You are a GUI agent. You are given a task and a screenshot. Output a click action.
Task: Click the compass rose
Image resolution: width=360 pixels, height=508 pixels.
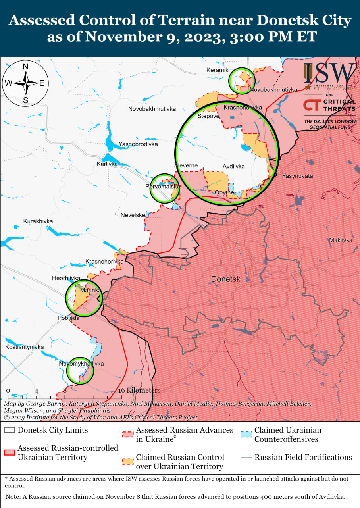click(x=25, y=83)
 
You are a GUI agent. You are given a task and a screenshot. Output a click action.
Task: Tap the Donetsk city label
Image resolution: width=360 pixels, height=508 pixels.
click(x=225, y=279)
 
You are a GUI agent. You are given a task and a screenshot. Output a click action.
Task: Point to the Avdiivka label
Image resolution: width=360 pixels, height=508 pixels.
click(x=233, y=166)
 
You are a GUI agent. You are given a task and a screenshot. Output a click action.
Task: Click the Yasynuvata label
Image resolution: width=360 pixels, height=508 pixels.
click(x=297, y=176)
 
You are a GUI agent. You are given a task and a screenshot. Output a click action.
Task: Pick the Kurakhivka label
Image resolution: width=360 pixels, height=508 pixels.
click(x=38, y=221)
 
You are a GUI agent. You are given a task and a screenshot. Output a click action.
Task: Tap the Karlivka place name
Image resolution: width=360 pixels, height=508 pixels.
click(x=107, y=164)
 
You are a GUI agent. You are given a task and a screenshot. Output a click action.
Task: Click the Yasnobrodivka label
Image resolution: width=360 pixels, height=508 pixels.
click(x=138, y=144)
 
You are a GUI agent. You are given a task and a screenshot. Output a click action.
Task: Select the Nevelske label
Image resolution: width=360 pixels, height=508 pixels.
click(x=133, y=215)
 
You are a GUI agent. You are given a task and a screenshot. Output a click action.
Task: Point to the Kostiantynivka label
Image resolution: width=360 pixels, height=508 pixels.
click(x=24, y=347)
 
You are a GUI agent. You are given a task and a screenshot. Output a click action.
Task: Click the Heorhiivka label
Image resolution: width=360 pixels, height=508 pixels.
click(x=66, y=278)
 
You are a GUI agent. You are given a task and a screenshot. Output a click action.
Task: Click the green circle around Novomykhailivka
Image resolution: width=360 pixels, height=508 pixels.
click(x=80, y=371)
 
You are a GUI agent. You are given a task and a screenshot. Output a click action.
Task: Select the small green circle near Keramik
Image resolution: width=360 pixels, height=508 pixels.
click(x=241, y=81)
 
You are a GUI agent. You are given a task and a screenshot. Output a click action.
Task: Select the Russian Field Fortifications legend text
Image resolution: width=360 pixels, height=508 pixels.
click(x=303, y=457)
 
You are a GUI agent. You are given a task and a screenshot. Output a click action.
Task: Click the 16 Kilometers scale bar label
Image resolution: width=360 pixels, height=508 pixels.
click(x=139, y=390)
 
